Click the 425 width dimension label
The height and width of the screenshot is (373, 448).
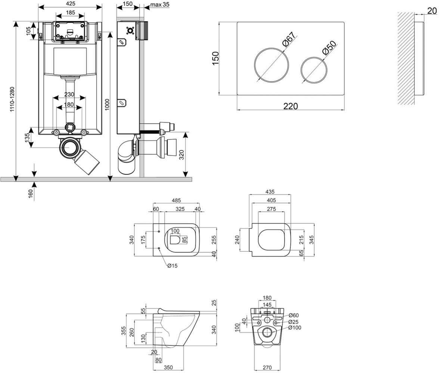[71, 3]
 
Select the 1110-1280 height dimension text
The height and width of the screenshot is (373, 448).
[12, 99]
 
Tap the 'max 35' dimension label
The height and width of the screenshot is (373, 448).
[160, 4]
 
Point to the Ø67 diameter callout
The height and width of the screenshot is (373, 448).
[289, 39]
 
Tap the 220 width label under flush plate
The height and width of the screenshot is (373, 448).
[290, 106]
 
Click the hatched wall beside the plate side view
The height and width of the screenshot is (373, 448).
[406, 58]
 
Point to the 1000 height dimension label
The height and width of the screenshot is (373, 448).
[107, 104]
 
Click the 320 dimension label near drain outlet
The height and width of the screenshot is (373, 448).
[181, 155]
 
